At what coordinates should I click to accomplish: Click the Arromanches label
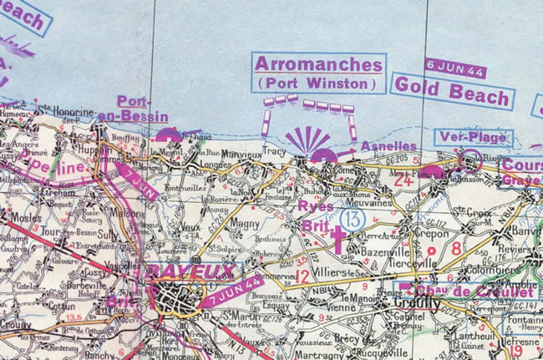[318, 64]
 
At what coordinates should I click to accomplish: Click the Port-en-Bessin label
[142, 109]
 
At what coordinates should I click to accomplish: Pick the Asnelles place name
[388, 146]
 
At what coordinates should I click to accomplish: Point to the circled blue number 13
[354, 218]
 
